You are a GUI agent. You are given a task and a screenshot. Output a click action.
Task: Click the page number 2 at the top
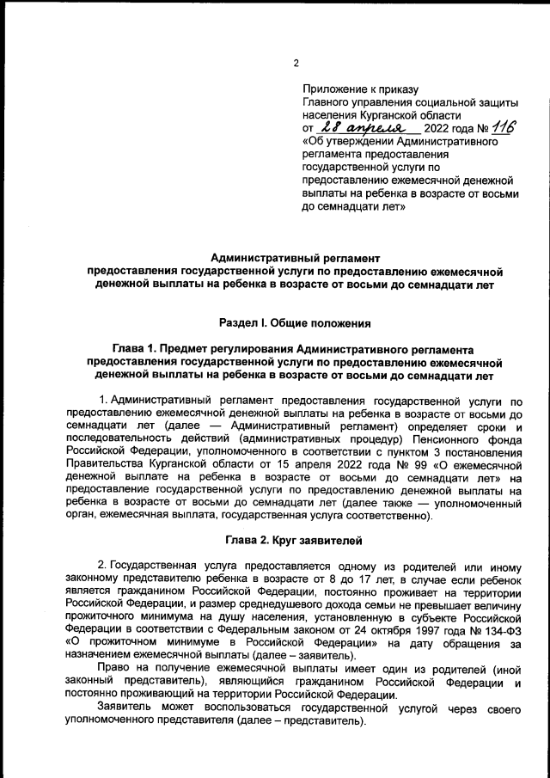click(295, 62)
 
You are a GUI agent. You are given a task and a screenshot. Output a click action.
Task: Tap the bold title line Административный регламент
click(295, 257)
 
